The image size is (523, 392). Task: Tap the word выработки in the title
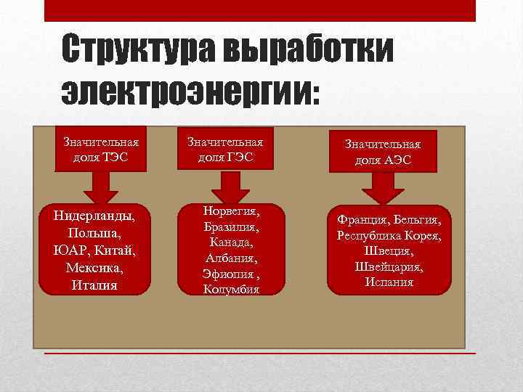click(x=309, y=49)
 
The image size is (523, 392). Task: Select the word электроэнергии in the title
click(x=185, y=93)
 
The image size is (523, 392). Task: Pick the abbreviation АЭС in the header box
click(x=397, y=160)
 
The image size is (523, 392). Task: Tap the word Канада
click(x=231, y=242)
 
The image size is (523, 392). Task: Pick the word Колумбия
click(x=232, y=290)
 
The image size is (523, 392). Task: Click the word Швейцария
click(x=389, y=266)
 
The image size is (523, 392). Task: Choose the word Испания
click(x=389, y=282)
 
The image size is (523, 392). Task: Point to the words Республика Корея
click(x=389, y=234)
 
